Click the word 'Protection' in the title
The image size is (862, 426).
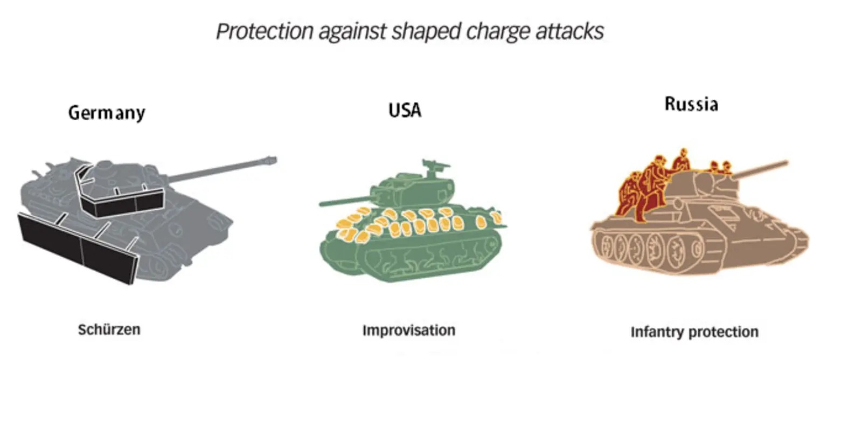(265, 31)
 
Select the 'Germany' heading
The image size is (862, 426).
(107, 113)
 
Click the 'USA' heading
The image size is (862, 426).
(405, 111)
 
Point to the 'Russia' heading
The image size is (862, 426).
(692, 104)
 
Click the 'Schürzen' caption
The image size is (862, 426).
(109, 329)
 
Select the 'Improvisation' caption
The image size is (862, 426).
(409, 331)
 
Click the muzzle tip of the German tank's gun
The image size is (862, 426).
(275, 160)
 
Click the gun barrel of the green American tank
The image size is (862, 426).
(345, 202)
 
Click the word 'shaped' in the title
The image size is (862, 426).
(426, 32)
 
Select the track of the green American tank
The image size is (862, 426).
(427, 256)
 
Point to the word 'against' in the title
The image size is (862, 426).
(352, 32)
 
